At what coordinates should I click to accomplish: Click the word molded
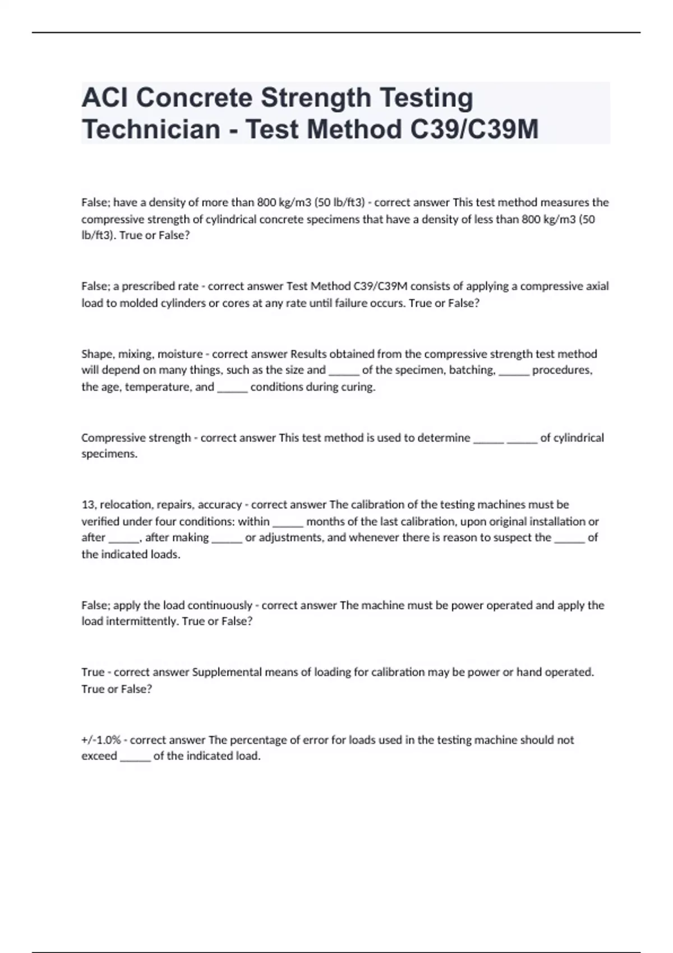(x=137, y=303)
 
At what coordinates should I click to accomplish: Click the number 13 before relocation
(x=89, y=505)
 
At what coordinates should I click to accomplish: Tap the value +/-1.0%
(x=101, y=740)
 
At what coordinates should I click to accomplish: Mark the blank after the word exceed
(x=135, y=757)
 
